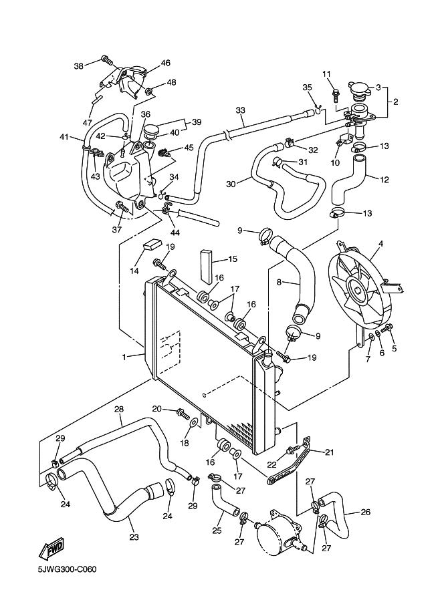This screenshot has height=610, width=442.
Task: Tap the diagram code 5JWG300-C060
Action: pyautogui.click(x=68, y=570)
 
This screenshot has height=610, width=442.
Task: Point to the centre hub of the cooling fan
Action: pyautogui.click(x=360, y=291)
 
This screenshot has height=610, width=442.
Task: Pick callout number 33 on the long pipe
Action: pyautogui.click(x=241, y=110)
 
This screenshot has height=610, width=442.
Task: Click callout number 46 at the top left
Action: pyautogui.click(x=165, y=63)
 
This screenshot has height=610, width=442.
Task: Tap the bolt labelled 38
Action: pyautogui.click(x=106, y=60)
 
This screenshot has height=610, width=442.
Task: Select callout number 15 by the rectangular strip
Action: pyautogui.click(x=233, y=259)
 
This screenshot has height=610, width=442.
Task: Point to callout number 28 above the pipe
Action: pyautogui.click(x=119, y=409)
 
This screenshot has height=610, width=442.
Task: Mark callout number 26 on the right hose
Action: pyautogui.click(x=365, y=512)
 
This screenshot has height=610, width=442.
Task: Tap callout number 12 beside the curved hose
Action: pyautogui.click(x=384, y=179)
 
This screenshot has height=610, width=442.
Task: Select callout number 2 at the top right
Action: pyautogui.click(x=395, y=102)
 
